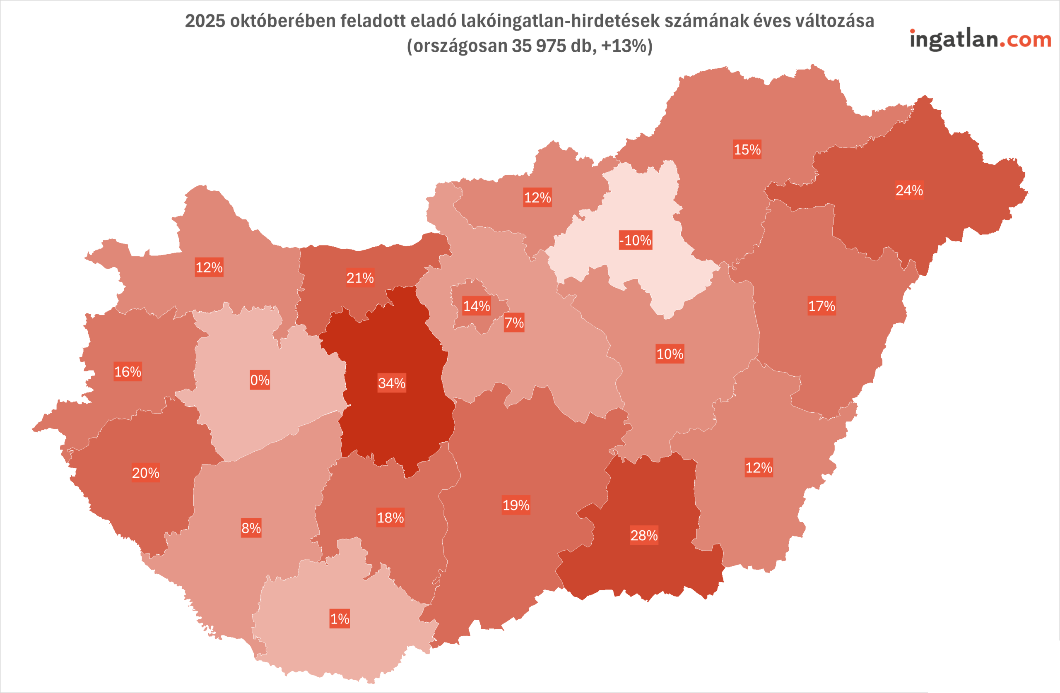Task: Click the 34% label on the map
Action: (391, 383)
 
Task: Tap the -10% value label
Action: (636, 241)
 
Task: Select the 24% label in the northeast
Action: (909, 190)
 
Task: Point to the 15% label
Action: (747, 149)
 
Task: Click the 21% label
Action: (360, 278)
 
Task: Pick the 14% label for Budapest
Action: (477, 306)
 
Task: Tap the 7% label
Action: (514, 322)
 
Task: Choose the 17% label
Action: (822, 306)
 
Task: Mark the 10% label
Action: (670, 354)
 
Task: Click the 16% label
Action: (128, 371)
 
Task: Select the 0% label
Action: (260, 380)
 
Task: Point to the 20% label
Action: (146, 472)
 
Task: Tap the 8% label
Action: (251, 528)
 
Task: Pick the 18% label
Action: (390, 517)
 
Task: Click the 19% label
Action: (516, 505)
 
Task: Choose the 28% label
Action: (644, 535)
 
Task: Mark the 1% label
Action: (340, 618)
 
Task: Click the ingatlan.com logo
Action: (980, 40)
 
